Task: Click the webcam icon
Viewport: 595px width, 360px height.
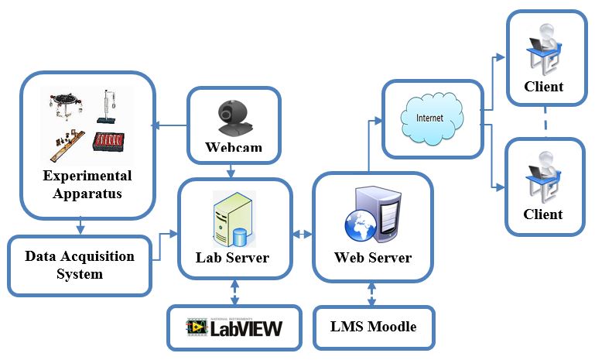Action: tap(231, 116)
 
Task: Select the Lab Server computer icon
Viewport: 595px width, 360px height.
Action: tap(232, 218)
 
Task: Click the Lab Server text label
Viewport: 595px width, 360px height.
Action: tap(232, 257)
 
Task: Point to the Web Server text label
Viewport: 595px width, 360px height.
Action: tap(373, 257)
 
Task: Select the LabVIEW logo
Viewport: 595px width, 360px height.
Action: tap(234, 327)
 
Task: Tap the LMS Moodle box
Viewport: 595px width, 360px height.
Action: tap(373, 327)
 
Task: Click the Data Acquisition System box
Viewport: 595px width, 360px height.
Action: tap(80, 265)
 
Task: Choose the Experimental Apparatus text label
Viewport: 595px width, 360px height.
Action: tap(87, 184)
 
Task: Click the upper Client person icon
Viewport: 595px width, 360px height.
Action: tap(543, 46)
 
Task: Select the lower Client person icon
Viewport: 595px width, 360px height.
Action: tap(543, 173)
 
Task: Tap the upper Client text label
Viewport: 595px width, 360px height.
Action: tap(543, 87)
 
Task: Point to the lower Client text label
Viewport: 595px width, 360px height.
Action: tap(543, 214)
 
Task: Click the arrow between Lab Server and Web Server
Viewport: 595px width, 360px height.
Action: tap(303, 233)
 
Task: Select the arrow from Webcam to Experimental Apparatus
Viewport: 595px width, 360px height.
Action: tap(171, 124)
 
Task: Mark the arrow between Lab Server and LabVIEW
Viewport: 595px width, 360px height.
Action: tap(233, 293)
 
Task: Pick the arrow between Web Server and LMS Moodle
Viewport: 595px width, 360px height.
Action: tap(372, 293)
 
